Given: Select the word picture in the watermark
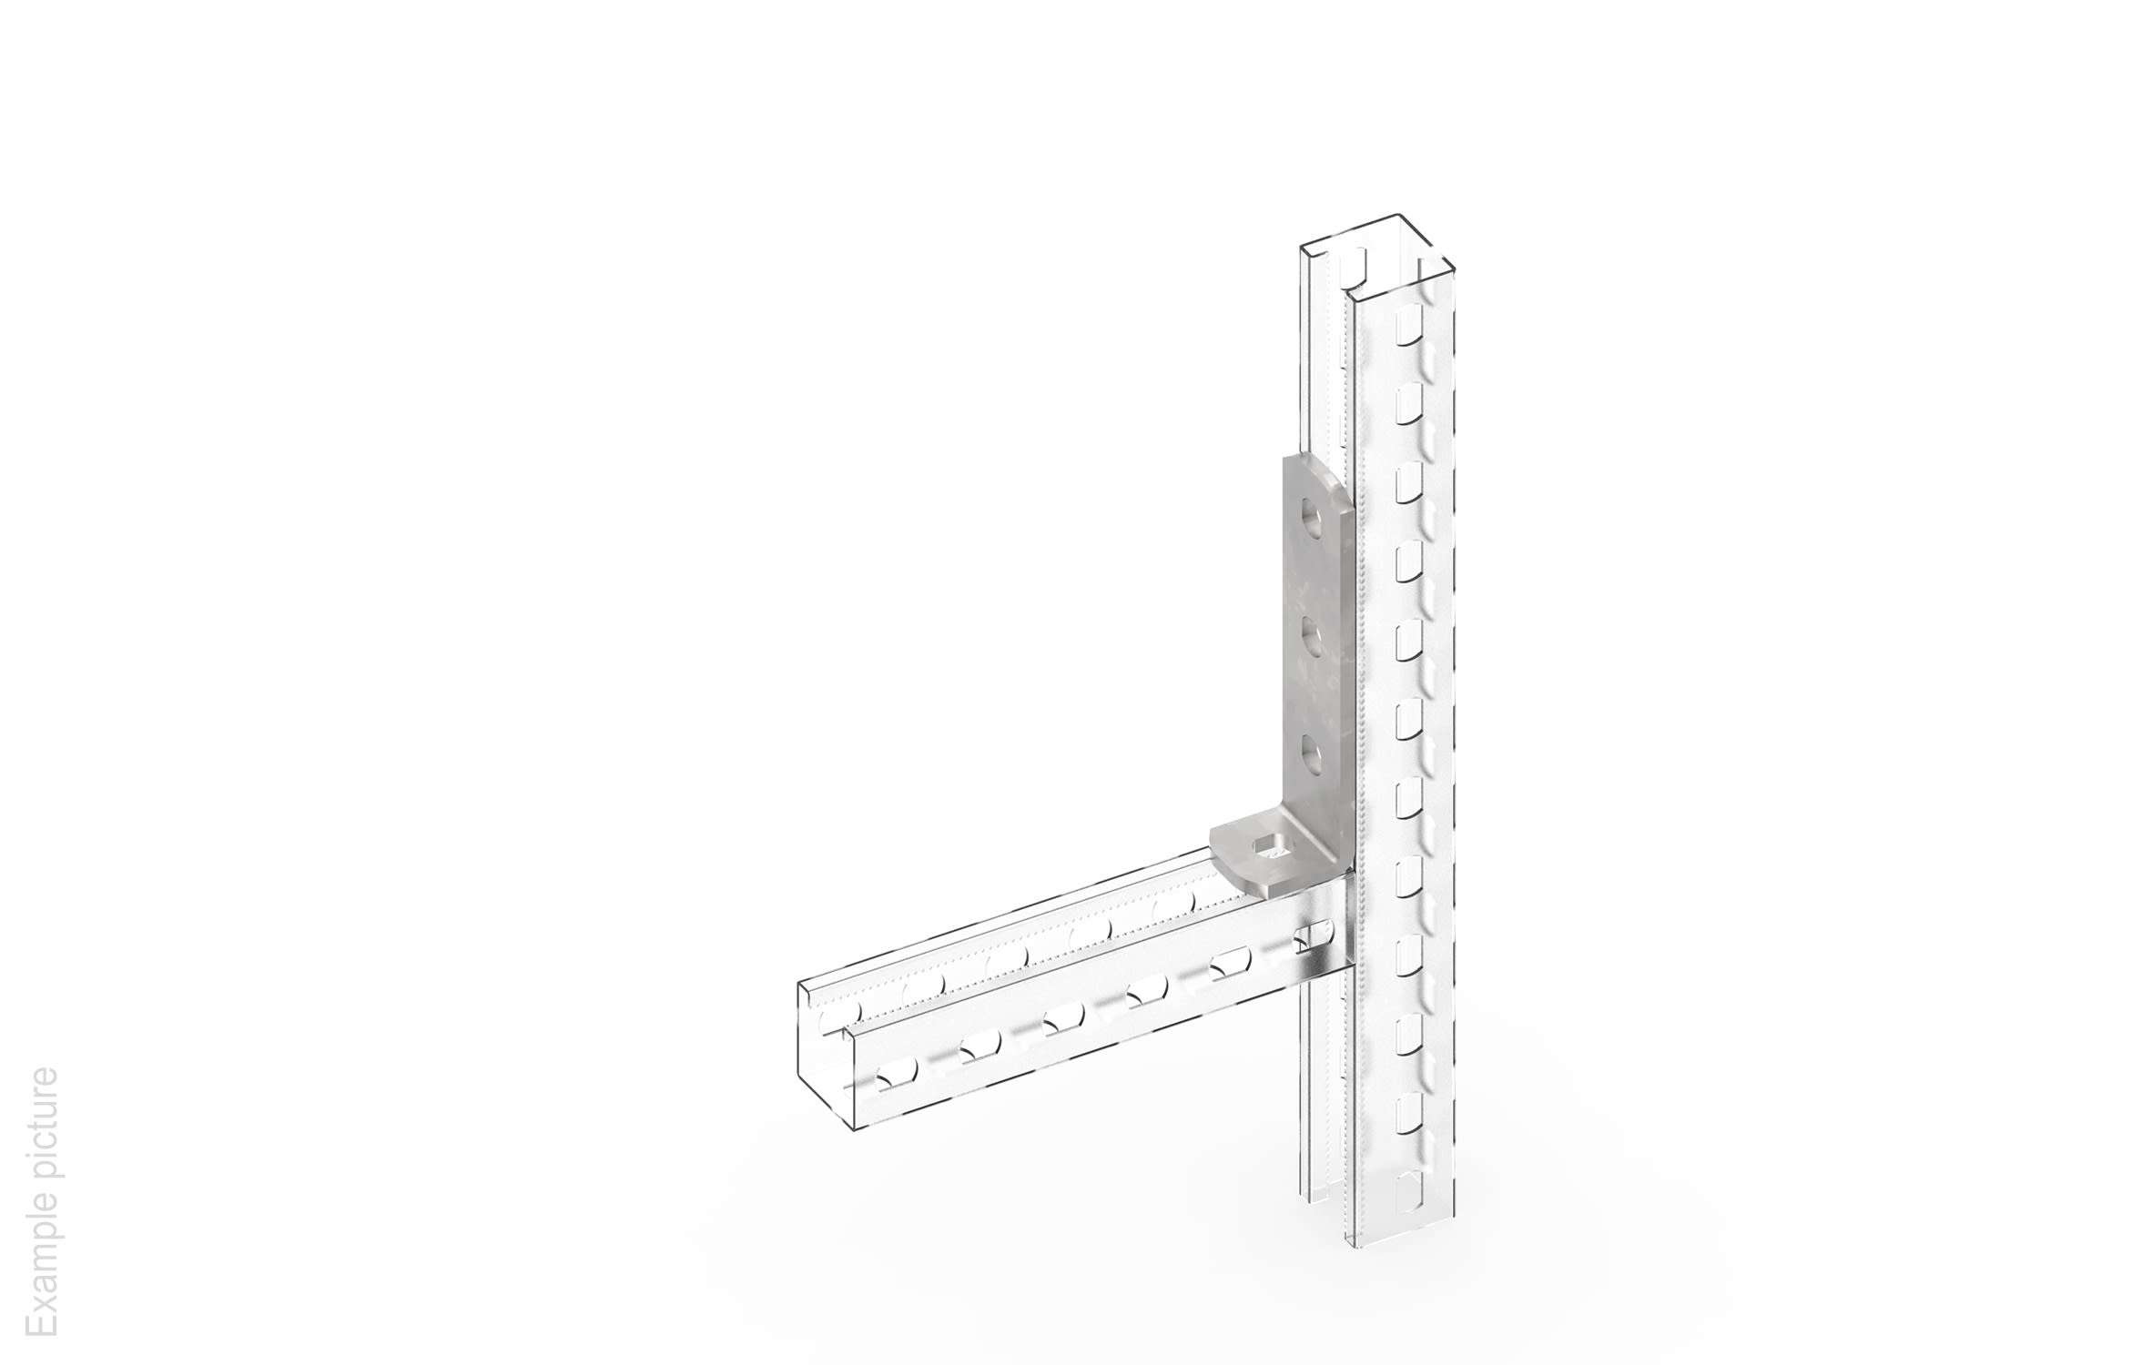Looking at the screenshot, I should [41, 1125].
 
